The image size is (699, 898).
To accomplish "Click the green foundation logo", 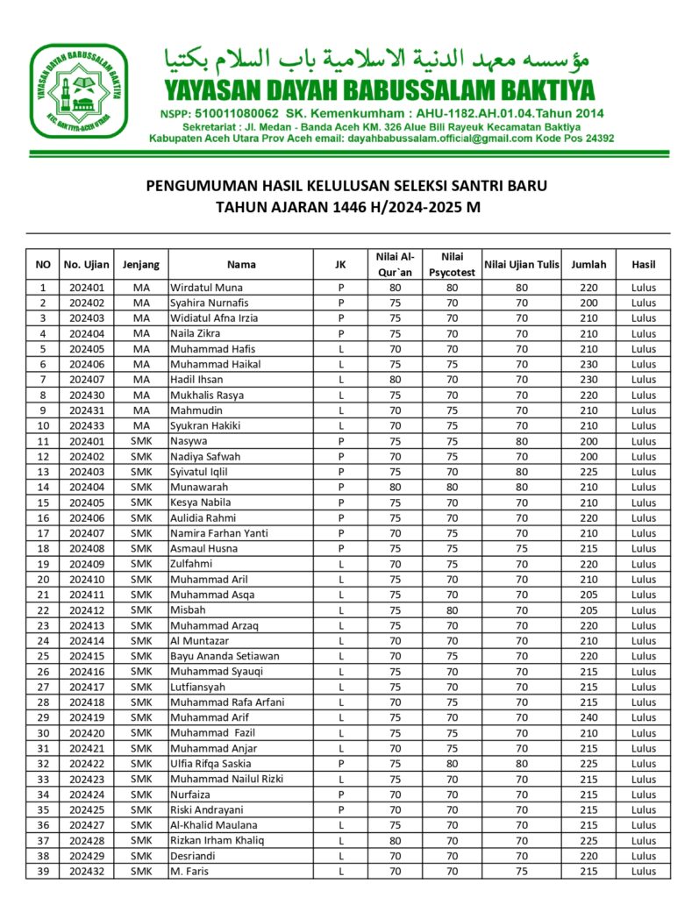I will pos(80,90).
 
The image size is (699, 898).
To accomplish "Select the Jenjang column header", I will pos(141,264).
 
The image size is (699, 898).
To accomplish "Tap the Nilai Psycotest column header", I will pos(452,264).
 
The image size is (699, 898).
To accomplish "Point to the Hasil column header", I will pos(643,264).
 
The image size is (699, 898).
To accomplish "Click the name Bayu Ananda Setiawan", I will pos(225,657).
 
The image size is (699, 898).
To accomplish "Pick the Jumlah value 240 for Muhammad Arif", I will pos(588,718).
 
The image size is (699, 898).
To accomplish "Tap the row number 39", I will pos(43,872).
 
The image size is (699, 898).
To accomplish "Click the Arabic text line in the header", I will pos(377,60).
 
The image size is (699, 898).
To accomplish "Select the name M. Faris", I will pos(190,872).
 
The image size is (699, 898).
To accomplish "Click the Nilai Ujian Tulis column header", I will pos(522,264).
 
